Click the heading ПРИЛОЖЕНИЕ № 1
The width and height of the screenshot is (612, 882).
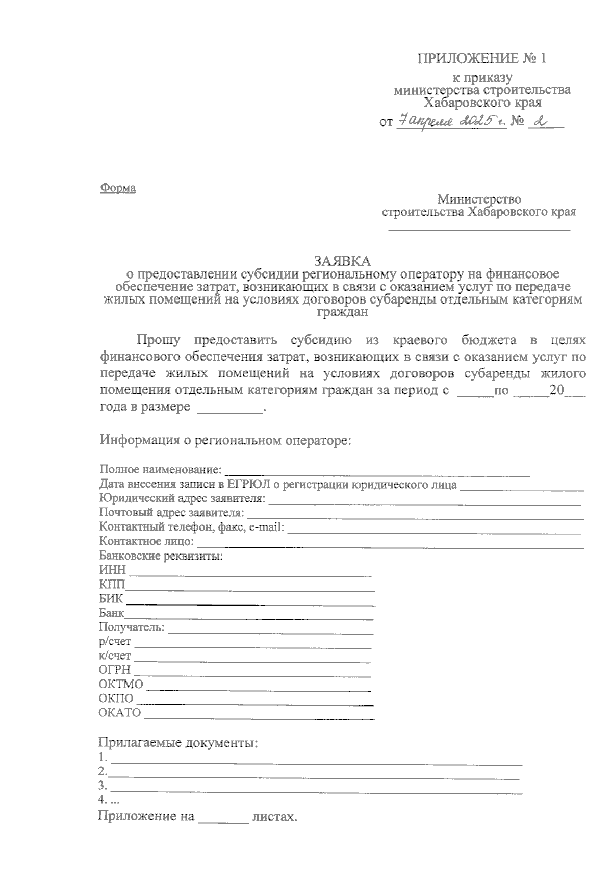pyautogui.click(x=482, y=58)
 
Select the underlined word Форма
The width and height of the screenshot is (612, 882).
pyautogui.click(x=118, y=188)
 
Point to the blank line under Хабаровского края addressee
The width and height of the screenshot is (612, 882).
pyautogui.click(x=479, y=229)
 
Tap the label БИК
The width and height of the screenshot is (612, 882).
pyautogui.click(x=111, y=599)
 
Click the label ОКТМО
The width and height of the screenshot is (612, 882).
pyautogui.click(x=121, y=684)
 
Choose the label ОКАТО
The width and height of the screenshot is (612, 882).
pyautogui.click(x=119, y=713)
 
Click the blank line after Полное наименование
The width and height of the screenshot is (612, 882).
pyautogui.click(x=377, y=473)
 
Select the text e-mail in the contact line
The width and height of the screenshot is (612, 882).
pyautogui.click(x=265, y=527)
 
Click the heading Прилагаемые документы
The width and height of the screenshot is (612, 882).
pyautogui.click(x=178, y=742)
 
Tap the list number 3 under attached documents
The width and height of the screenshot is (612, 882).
pyautogui.click(x=103, y=785)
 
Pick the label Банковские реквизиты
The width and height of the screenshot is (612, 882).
pyautogui.click(x=161, y=556)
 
